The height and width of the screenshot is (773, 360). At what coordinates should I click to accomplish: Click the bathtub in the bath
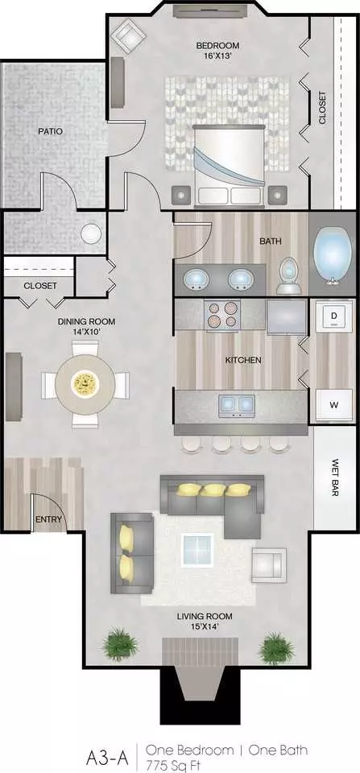333,254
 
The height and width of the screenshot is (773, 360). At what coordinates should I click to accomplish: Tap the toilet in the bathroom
289,276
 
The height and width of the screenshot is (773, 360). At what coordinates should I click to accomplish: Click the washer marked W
334,405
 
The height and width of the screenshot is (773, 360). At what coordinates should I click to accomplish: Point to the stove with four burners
222,315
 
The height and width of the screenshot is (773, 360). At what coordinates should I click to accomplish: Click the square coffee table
198,550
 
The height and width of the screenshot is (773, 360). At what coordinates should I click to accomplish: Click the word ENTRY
49,519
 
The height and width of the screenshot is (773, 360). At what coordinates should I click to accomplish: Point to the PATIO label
52,131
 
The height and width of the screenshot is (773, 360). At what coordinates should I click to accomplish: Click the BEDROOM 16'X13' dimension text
217,51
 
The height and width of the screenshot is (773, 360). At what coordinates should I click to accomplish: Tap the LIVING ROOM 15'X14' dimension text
205,621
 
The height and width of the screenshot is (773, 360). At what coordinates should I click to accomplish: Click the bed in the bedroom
230,165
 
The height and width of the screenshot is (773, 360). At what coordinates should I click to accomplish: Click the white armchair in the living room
269,565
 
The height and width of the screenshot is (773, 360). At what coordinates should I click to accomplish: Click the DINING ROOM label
86,322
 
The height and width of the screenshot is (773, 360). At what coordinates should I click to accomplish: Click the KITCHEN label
243,361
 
